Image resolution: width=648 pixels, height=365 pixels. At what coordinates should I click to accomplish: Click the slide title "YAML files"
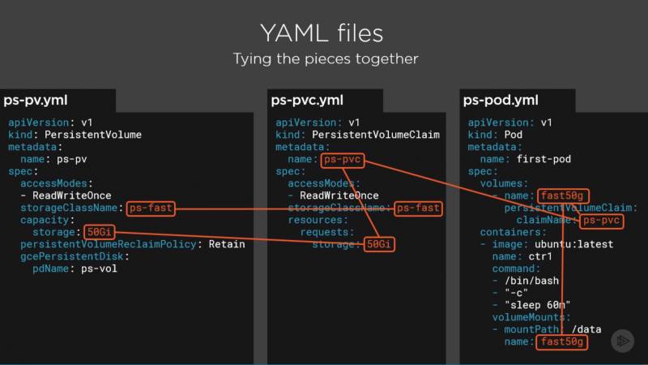pyautogui.click(x=322, y=33)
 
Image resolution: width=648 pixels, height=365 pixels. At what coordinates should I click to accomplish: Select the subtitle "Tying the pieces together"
pyautogui.click(x=326, y=58)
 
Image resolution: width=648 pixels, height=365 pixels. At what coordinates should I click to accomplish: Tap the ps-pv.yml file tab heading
pyautogui.click(x=36, y=100)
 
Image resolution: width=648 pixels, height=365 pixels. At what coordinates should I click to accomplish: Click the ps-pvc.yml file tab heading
pyautogui.click(x=307, y=100)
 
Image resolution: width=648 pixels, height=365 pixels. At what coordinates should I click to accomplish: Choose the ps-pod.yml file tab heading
pyautogui.click(x=501, y=100)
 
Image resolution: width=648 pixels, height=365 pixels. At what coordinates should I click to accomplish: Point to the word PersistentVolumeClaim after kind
pyautogui.click(x=376, y=135)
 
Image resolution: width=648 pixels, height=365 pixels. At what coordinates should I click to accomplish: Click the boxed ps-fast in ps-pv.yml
pyautogui.click(x=151, y=208)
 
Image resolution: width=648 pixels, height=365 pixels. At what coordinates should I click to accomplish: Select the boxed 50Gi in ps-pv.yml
pyautogui.click(x=99, y=232)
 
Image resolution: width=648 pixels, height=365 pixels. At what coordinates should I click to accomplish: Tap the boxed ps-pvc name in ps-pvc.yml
pyautogui.click(x=342, y=160)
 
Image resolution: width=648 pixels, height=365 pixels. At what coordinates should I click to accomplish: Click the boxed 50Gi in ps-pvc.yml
pyautogui.click(x=379, y=244)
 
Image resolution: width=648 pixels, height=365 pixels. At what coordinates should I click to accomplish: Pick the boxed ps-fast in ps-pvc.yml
pyautogui.click(x=418, y=208)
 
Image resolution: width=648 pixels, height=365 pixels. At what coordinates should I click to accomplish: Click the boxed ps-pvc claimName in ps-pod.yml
pyautogui.click(x=601, y=220)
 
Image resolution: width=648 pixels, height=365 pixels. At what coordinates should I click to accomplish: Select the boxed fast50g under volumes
pyautogui.click(x=563, y=195)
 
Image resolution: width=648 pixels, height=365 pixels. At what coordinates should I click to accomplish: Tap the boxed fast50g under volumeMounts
pyautogui.click(x=561, y=341)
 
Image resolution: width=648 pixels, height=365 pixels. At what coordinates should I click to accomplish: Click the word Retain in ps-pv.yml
pyautogui.click(x=227, y=244)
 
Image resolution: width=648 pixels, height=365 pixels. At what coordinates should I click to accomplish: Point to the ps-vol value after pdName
pyautogui.click(x=99, y=268)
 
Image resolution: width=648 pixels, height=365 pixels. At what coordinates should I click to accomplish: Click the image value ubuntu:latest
pyautogui.click(x=573, y=244)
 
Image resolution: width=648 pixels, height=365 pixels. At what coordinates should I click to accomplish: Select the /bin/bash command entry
pyautogui.click(x=531, y=281)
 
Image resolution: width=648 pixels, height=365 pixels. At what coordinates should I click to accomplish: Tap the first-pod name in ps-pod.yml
pyautogui.click(x=544, y=159)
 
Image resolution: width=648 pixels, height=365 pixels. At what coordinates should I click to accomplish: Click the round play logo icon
pyautogui.click(x=622, y=341)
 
